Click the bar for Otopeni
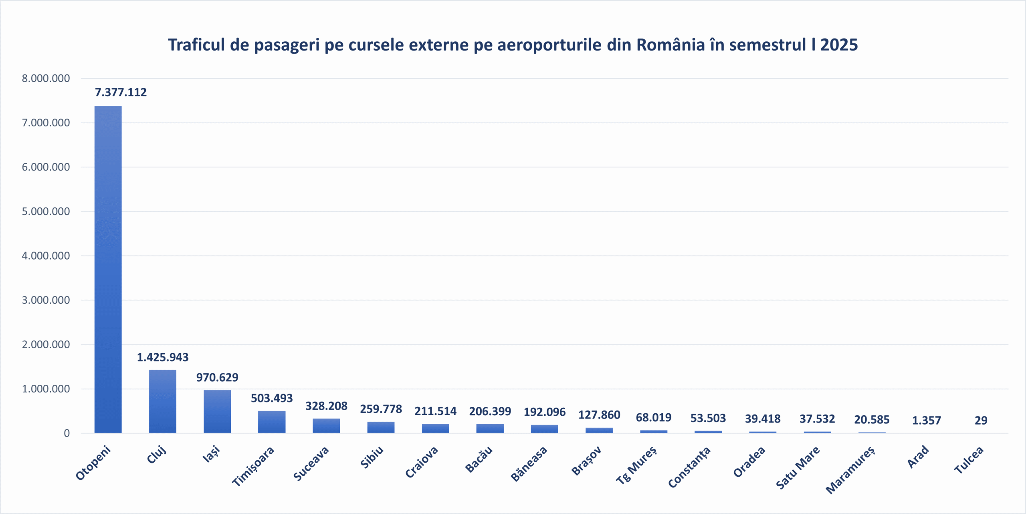click(108, 269)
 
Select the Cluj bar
click(162, 401)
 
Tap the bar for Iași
click(217, 411)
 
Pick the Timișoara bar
click(272, 422)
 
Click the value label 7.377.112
click(121, 92)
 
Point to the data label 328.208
click(326, 406)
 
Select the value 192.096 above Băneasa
click(544, 412)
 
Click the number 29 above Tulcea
click(981, 421)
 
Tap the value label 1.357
click(926, 421)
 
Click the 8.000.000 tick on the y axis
click(46, 78)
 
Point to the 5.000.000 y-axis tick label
click(46, 211)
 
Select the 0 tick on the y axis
click(67, 433)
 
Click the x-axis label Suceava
click(311, 463)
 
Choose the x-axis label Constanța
click(689, 467)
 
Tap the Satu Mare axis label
click(798, 468)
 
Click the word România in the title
click(671, 45)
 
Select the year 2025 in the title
click(839, 45)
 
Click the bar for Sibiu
click(381, 427)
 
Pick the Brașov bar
click(599, 430)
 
